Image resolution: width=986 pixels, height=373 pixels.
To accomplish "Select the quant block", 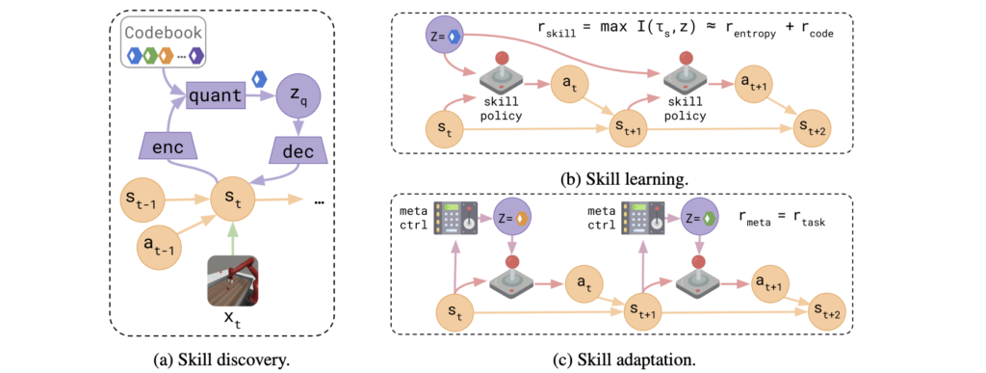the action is click(215, 95).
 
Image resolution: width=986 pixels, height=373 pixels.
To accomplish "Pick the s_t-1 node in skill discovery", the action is click(143, 199).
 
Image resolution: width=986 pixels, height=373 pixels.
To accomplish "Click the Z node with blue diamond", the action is click(447, 38).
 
